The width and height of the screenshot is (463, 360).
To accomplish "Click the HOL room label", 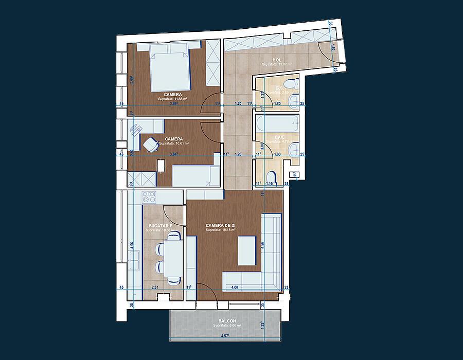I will click(x=277, y=60).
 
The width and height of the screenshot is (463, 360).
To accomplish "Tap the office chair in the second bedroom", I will click(x=150, y=145).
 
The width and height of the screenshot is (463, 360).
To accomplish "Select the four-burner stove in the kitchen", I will click(x=149, y=196).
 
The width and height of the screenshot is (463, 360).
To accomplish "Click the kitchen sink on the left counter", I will click(x=135, y=261).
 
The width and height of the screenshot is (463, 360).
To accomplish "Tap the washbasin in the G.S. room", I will click(x=294, y=100).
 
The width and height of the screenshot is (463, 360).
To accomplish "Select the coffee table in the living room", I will click(x=247, y=250).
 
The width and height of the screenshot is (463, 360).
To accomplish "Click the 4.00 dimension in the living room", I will click(x=235, y=287).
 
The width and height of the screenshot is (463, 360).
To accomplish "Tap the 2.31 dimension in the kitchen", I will click(x=154, y=287).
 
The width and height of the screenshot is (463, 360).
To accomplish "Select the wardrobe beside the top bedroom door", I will click(x=213, y=65).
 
